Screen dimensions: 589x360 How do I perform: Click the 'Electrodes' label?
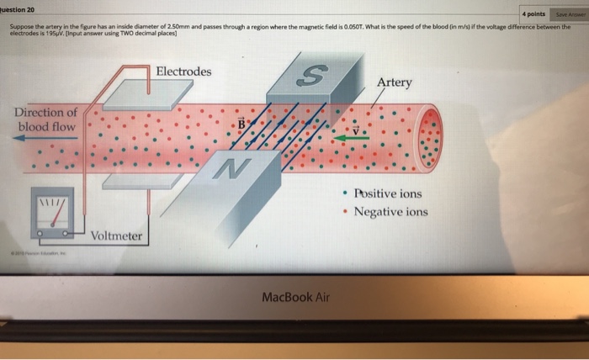[183, 71]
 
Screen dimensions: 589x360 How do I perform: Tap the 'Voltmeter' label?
[116, 236]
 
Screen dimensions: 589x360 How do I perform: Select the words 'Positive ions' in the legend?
[388, 193]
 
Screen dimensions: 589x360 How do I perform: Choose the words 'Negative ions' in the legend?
[390, 211]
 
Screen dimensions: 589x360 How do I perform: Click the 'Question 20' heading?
[17, 8]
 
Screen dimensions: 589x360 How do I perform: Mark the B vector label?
[241, 124]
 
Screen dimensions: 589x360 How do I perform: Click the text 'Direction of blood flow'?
[46, 119]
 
